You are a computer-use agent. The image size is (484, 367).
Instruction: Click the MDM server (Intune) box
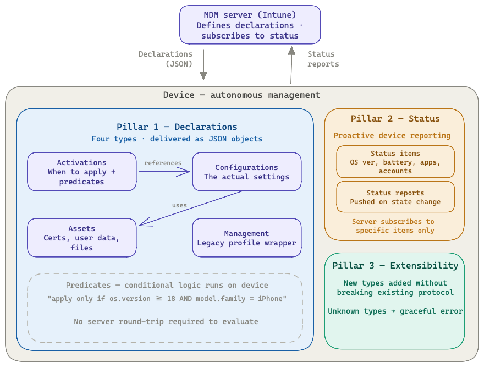(250, 25)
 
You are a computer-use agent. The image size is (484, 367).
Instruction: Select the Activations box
(82, 172)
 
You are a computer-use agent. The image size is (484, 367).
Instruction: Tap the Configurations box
(246, 172)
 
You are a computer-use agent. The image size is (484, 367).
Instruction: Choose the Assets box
(82, 238)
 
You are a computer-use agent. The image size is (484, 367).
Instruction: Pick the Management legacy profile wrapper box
(246, 238)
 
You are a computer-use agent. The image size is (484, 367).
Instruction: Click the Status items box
(395, 162)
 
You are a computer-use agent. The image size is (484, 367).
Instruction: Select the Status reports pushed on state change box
(395, 197)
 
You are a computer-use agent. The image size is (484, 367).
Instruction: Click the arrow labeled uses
(190, 208)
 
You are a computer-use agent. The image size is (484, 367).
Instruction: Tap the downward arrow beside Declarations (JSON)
(204, 64)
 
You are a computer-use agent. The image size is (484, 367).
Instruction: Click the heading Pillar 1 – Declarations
(177, 127)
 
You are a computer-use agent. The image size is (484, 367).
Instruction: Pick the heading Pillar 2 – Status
(395, 118)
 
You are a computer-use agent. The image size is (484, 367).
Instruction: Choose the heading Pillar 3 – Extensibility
(395, 265)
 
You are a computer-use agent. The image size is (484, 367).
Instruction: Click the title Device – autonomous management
(241, 95)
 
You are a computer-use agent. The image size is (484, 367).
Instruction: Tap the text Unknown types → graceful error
(395, 311)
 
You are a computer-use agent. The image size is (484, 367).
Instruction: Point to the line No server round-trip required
(166, 321)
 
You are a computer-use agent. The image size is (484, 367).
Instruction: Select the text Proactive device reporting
(392, 135)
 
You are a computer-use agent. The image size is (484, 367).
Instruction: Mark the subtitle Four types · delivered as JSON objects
(177, 139)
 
